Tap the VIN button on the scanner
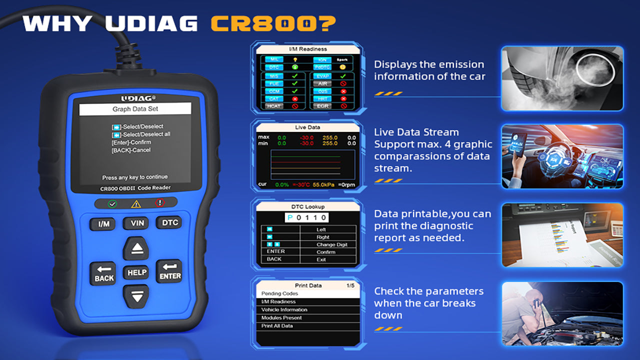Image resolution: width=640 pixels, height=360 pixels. pyautogui.click(x=135, y=223)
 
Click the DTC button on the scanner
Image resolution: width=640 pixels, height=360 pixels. pyautogui.click(x=168, y=223)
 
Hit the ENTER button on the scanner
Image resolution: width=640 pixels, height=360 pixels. pyautogui.click(x=169, y=271)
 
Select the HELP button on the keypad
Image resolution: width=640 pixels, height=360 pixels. pyautogui.click(x=136, y=272)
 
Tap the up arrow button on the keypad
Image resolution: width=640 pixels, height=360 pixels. pyautogui.click(x=136, y=248)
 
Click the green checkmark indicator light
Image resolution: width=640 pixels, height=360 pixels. pyautogui.click(x=112, y=203)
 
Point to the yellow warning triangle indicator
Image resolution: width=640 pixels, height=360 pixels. pyautogui.click(x=136, y=203)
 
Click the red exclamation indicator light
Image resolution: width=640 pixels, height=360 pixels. pyautogui.click(x=159, y=203)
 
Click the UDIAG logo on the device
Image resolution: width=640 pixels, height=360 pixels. pyautogui.click(x=135, y=98)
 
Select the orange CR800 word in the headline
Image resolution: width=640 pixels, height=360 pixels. pyautogui.click(x=272, y=23)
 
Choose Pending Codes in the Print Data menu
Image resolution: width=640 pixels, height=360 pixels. pyautogui.click(x=280, y=293)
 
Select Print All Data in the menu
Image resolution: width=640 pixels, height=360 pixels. pyautogui.click(x=277, y=326)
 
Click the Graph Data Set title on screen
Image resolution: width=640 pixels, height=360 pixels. pyautogui.click(x=135, y=109)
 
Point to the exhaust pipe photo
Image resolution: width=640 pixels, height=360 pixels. pyautogui.click(x=562, y=78)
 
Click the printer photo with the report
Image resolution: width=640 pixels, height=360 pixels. pyautogui.click(x=562, y=234)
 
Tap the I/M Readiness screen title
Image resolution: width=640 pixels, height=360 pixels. pyautogui.click(x=308, y=49)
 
